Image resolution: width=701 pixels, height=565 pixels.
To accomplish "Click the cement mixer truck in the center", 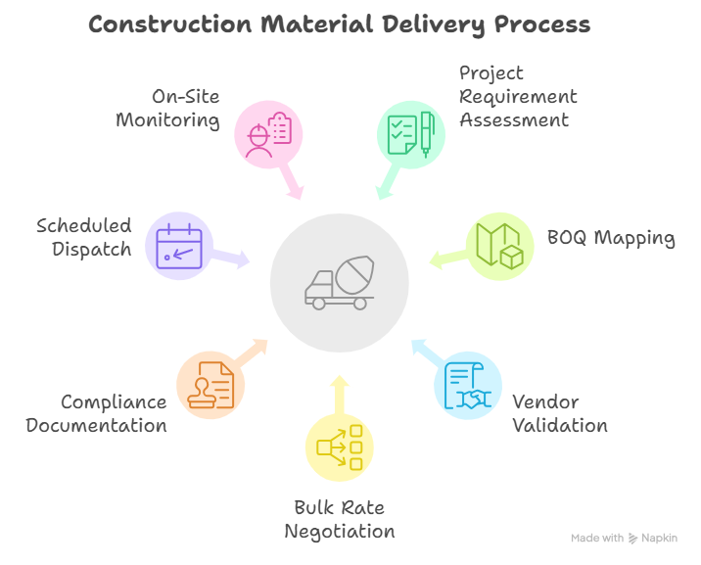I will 339,280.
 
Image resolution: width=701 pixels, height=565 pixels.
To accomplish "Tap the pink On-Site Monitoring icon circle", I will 268,133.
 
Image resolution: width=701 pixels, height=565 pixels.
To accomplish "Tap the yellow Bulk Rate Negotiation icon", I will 339,447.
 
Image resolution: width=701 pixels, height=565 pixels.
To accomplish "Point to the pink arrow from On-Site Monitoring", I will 292,184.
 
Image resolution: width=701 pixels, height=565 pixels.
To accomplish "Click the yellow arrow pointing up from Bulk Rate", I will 339,389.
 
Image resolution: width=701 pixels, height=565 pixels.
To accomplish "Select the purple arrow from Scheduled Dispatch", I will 234,259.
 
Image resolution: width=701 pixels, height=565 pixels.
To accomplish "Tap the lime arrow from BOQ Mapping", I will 445,259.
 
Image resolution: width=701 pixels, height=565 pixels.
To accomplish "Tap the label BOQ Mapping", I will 612,238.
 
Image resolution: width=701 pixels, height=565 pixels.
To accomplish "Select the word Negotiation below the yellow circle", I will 340,532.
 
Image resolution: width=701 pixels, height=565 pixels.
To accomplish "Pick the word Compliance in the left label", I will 114,402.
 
